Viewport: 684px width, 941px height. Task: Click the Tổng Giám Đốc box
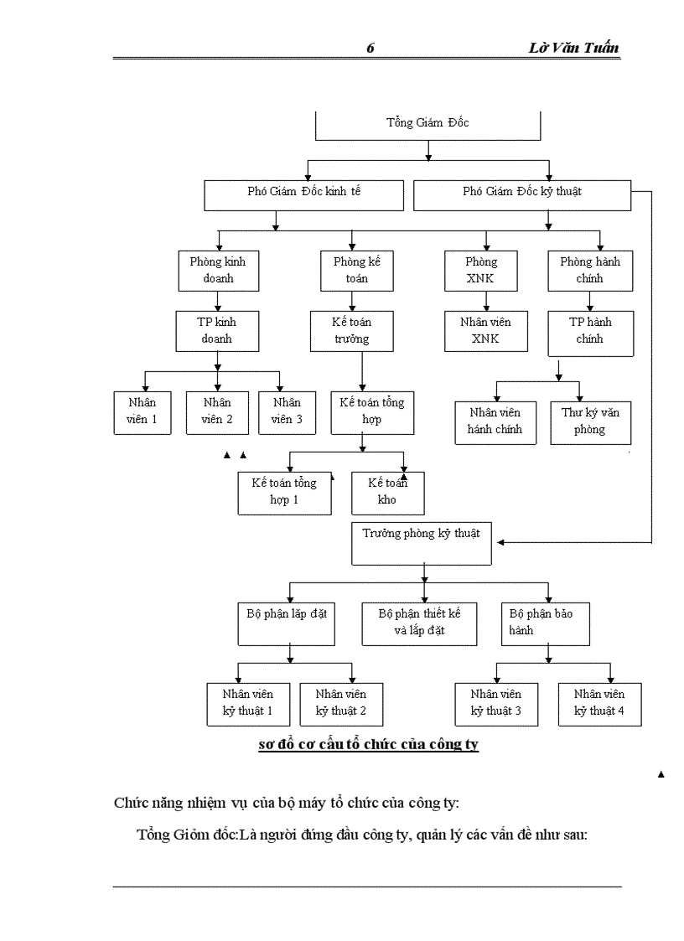427,124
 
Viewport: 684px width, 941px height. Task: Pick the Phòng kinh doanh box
217,270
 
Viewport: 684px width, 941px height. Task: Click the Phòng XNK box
481,270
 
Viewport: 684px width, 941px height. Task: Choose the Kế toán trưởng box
351,331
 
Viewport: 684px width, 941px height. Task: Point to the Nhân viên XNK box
484,331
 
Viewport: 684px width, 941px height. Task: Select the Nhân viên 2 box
217,411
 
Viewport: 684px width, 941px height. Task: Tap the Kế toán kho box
387,492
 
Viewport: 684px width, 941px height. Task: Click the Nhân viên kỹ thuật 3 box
495,703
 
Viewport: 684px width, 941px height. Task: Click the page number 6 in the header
370,48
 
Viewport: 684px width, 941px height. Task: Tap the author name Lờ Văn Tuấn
574,48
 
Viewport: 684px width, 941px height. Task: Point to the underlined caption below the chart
369,744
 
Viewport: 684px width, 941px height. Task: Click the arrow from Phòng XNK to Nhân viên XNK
485,300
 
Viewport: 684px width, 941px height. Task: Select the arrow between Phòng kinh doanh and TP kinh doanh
217,300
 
